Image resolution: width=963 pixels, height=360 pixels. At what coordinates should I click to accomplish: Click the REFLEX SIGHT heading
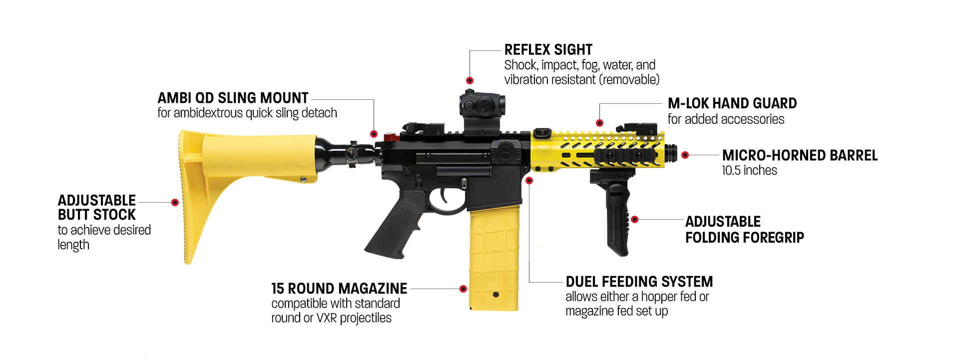click(548, 50)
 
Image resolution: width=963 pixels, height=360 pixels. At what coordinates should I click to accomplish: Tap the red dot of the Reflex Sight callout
click(470, 80)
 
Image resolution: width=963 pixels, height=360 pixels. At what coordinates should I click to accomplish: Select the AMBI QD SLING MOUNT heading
click(233, 98)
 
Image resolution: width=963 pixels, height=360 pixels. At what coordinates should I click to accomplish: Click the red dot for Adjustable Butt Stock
click(175, 202)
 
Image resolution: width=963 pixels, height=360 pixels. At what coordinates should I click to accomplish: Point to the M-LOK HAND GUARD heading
click(732, 103)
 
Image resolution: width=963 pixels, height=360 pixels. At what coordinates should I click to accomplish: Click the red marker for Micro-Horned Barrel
click(685, 155)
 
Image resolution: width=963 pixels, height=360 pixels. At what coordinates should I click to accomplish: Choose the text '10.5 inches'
click(749, 171)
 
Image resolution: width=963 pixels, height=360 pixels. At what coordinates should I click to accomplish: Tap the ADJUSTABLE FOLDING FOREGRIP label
click(744, 229)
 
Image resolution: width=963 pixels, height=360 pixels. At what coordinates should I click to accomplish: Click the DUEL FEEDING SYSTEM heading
click(639, 282)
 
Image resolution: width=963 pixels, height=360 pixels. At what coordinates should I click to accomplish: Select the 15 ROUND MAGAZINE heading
click(339, 289)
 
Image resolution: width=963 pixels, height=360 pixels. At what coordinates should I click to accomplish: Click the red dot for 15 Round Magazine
click(463, 289)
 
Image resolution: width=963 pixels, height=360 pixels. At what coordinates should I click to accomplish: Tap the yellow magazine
click(493, 260)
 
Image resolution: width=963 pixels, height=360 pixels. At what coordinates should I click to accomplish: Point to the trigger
click(444, 196)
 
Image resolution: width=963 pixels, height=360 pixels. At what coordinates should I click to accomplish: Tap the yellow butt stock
click(240, 160)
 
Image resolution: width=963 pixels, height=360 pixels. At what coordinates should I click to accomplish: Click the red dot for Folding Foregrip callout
click(634, 219)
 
